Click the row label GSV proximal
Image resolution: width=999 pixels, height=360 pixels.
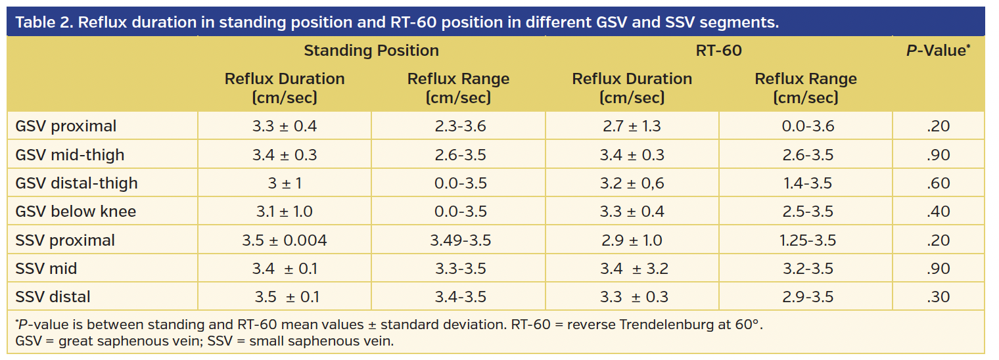66,126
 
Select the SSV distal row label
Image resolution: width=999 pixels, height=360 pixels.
53,297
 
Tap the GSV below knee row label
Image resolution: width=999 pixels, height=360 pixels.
76,212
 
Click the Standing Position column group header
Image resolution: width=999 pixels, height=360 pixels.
371,51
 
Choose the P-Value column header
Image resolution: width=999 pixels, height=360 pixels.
938,51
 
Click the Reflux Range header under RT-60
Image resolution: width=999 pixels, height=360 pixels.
805,88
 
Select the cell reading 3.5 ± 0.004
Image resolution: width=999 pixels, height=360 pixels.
284,240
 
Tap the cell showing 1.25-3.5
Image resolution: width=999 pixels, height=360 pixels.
808,240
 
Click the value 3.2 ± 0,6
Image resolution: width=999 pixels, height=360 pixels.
633,183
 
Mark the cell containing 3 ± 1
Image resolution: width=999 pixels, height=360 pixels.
284,183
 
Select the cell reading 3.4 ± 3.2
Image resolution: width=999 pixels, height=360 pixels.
633,269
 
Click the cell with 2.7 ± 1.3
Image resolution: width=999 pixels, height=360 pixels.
632,126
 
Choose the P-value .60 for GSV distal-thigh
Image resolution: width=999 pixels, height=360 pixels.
938,183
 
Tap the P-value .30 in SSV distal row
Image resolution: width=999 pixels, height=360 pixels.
938,297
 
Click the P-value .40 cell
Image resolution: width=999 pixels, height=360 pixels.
938,212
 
